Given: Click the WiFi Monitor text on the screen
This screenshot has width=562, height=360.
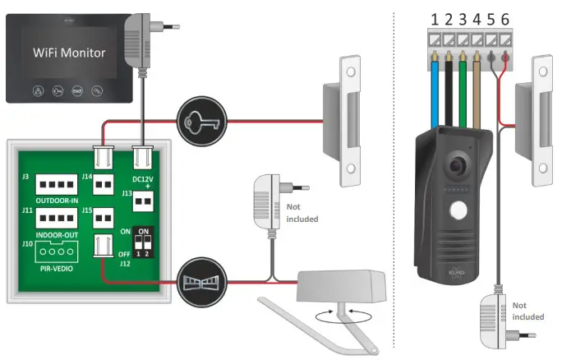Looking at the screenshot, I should (x=69, y=53).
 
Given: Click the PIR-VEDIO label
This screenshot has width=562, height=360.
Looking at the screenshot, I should (x=54, y=267).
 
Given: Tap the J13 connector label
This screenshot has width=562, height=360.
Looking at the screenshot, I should (x=127, y=193).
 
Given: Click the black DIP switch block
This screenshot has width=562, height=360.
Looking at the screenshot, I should (x=145, y=243).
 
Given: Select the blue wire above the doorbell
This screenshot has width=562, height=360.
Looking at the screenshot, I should (x=435, y=90).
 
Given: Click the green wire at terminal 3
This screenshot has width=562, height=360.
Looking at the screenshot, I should (x=466, y=90).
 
